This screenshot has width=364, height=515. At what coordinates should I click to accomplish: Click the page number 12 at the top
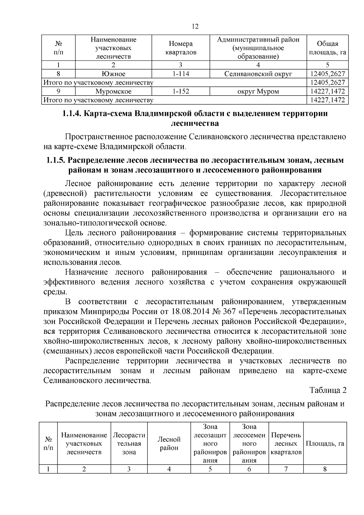pyautogui.click(x=195, y=27)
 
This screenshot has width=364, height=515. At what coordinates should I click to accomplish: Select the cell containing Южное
pyautogui.click(x=113, y=74)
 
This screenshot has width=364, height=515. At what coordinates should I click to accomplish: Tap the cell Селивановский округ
pyautogui.click(x=258, y=74)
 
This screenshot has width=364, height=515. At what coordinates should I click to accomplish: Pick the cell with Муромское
pyautogui.click(x=113, y=91)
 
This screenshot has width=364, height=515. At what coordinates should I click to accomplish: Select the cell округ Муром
pyautogui.click(x=258, y=91)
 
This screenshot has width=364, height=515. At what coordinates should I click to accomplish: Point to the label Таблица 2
pyautogui.click(x=328, y=390)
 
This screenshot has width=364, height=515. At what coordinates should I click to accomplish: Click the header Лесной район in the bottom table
pyautogui.click(x=169, y=443)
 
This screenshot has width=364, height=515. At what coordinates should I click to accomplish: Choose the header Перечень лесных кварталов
pyautogui.click(x=286, y=443)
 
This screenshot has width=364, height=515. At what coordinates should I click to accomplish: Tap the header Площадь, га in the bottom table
pyautogui.click(x=325, y=443)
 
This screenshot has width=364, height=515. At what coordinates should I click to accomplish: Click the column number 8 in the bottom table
pyautogui.click(x=325, y=469)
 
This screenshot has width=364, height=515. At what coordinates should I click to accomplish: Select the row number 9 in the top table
pyautogui.click(x=58, y=91)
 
